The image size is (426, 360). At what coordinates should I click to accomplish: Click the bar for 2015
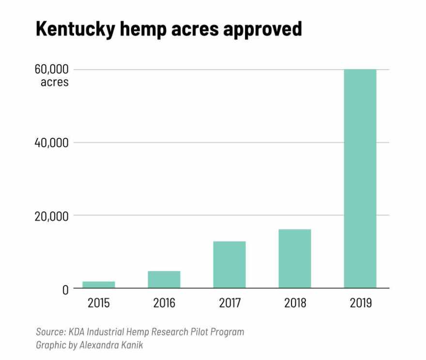click(x=99, y=285)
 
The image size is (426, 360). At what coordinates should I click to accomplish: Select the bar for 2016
click(x=164, y=280)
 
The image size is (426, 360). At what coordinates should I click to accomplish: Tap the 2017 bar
click(x=229, y=265)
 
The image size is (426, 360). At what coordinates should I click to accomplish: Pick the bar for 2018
click(x=295, y=259)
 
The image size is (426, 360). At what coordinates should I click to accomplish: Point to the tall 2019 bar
click(x=360, y=179)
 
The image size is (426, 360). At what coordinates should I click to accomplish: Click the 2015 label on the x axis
click(x=99, y=304)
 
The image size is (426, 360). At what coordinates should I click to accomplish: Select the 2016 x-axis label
click(x=164, y=304)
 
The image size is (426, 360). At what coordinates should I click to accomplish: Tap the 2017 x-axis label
click(x=229, y=304)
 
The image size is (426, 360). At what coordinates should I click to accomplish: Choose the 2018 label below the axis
click(x=295, y=304)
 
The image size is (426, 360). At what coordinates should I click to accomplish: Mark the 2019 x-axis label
click(x=360, y=304)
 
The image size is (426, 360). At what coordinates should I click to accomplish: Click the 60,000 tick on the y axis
click(x=51, y=70)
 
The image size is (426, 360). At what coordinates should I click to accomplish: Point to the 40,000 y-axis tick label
click(x=51, y=143)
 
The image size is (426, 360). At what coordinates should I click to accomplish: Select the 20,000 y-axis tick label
click(x=51, y=216)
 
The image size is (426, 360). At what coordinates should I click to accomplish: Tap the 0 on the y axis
click(x=64, y=289)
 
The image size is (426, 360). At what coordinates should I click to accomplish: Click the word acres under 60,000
click(x=55, y=82)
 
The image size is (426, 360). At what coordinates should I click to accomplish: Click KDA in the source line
click(x=76, y=332)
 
